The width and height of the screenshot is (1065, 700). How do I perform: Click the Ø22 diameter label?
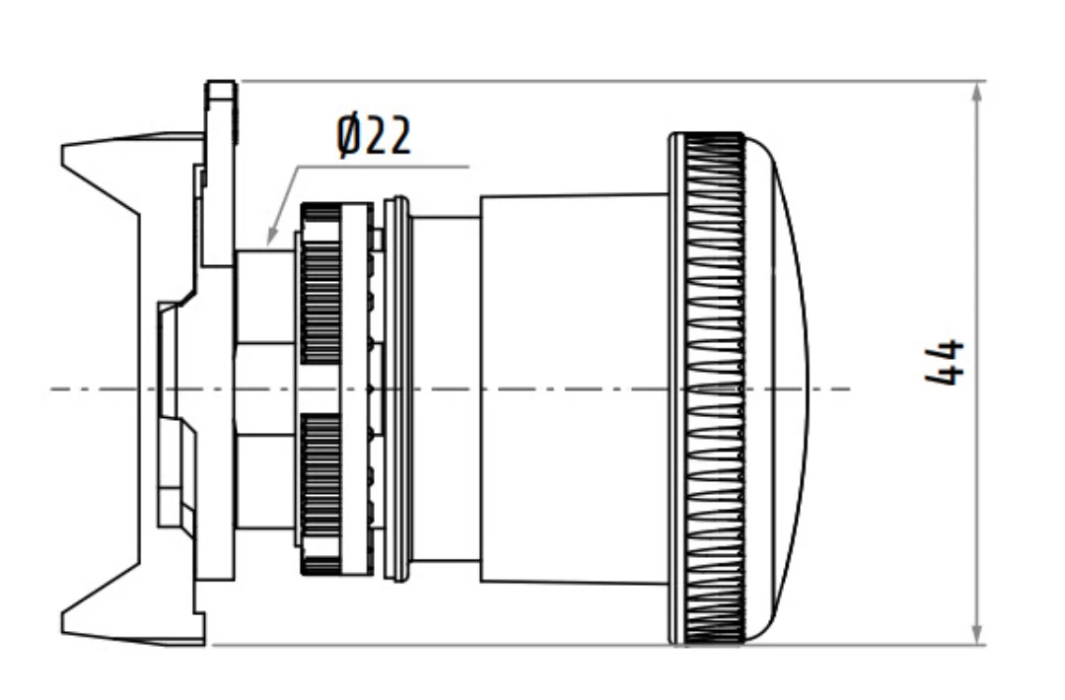(374, 136)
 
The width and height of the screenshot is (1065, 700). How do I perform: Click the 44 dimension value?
(945, 362)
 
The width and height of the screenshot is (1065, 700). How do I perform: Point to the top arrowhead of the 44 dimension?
(976, 93)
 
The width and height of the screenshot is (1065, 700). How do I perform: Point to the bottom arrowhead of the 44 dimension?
(976, 633)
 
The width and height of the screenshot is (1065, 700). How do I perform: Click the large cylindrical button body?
(575, 389)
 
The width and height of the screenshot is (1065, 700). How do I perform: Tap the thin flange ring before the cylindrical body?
(396, 389)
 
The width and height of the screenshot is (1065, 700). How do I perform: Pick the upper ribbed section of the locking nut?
(319, 285)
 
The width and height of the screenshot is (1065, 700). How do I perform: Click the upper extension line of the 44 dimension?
(611, 82)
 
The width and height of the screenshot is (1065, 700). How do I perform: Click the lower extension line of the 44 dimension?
(598, 645)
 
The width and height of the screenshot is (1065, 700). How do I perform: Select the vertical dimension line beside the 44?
(976, 363)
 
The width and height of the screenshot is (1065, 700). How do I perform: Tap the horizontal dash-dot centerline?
(451, 389)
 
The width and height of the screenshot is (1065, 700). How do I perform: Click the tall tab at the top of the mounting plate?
(221, 174)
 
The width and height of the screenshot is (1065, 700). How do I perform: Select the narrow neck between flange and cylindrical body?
(446, 389)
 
